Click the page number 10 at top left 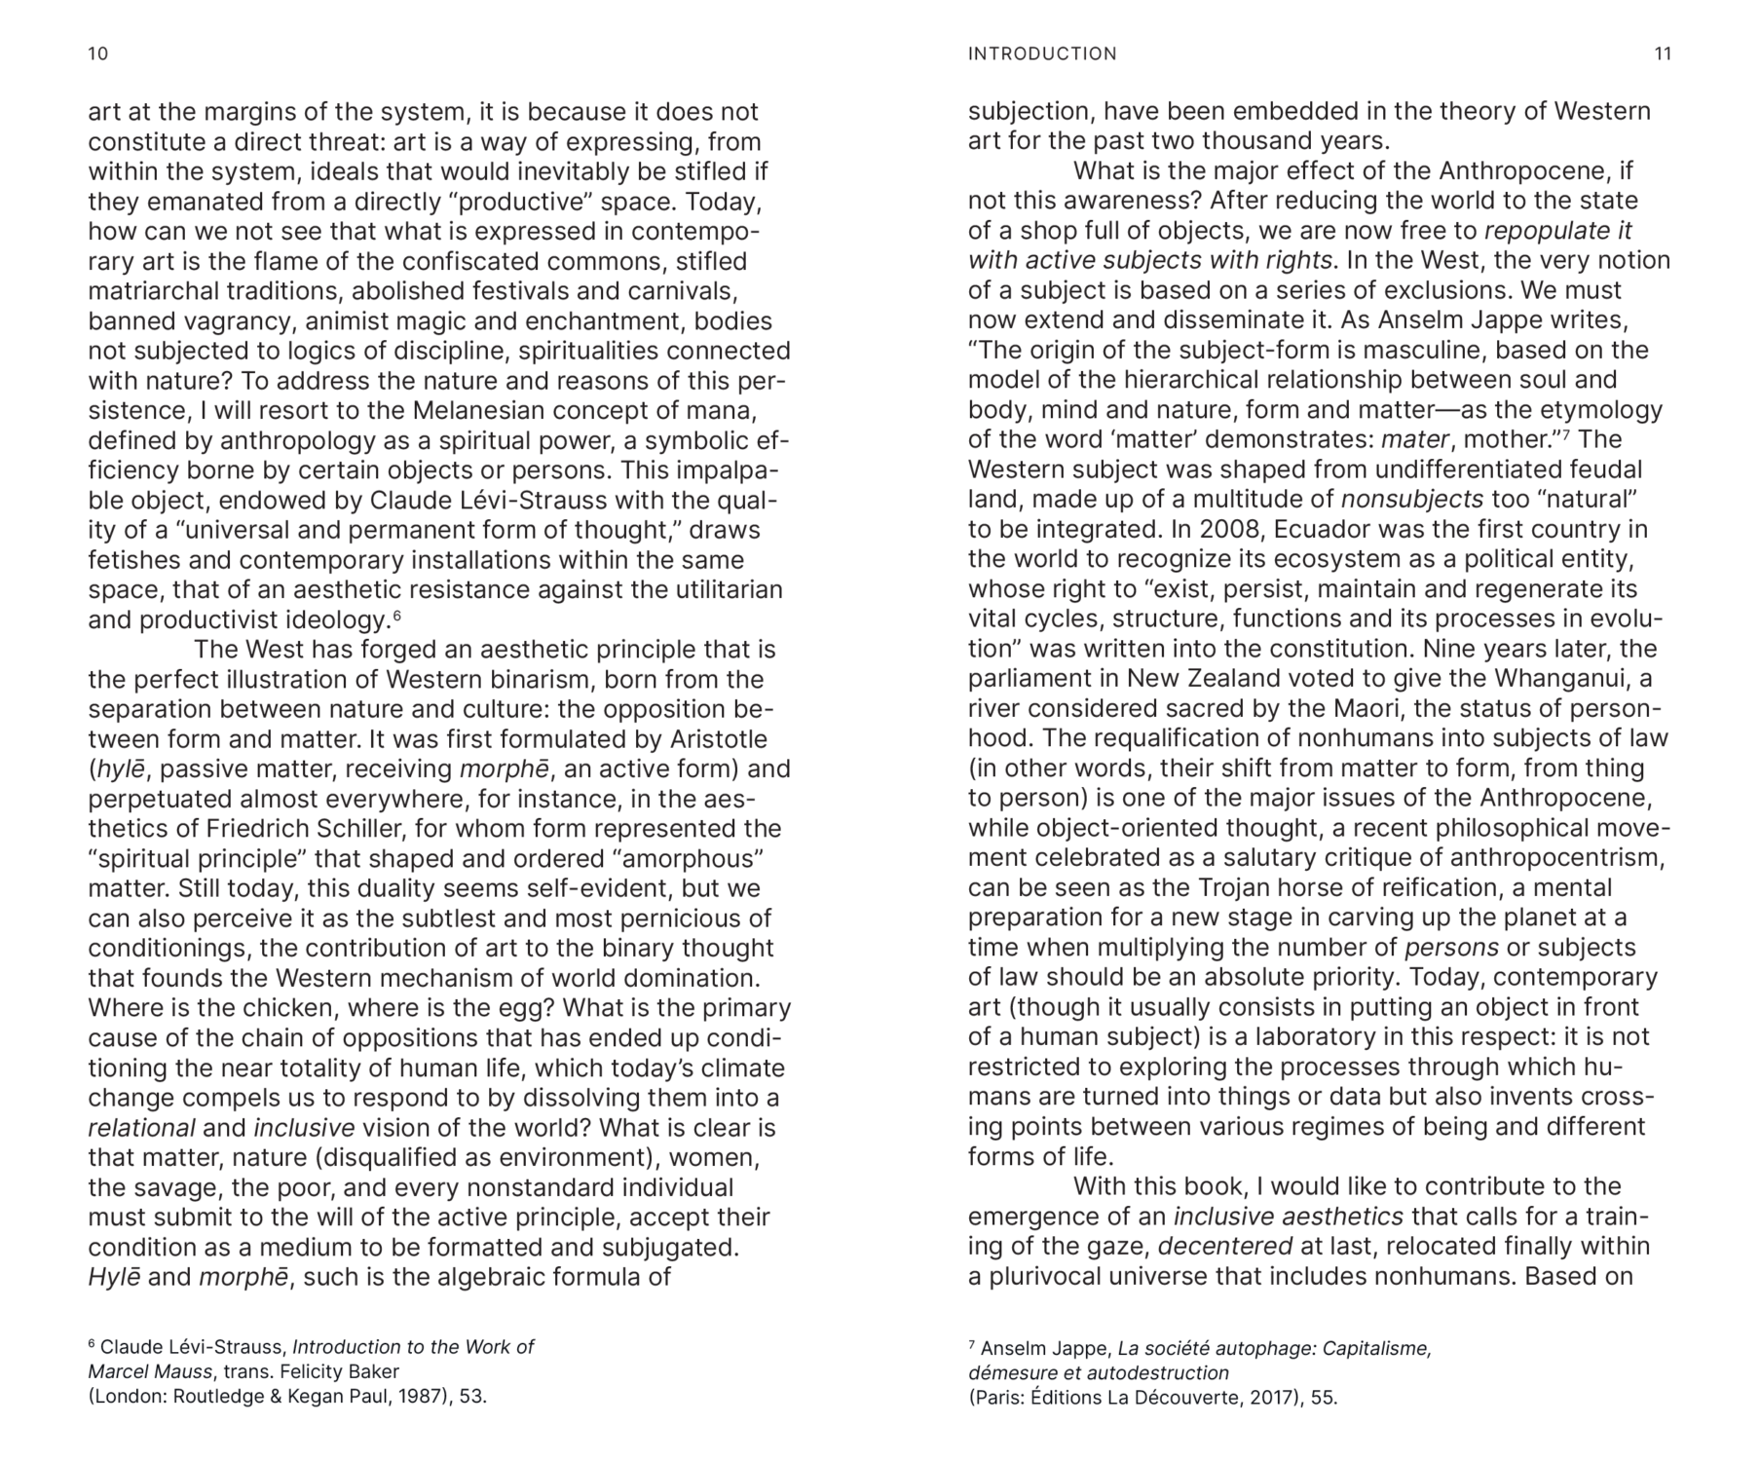click(x=97, y=54)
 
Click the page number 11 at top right click(x=1663, y=54)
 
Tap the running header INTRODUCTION click(x=1042, y=54)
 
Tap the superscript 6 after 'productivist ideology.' click(x=396, y=616)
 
